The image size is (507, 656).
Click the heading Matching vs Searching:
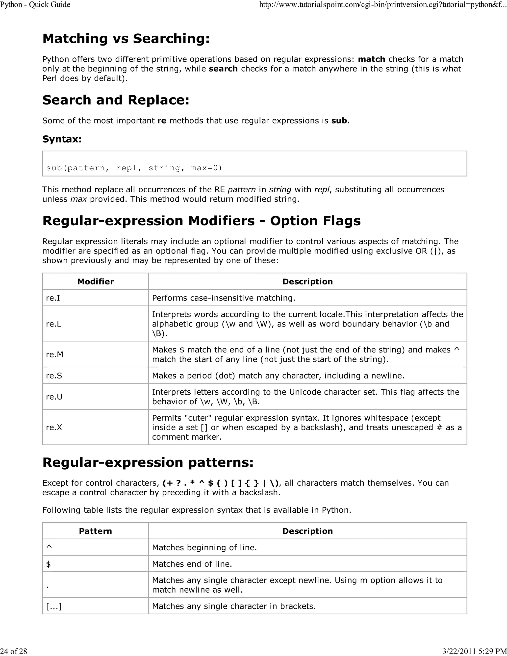126,39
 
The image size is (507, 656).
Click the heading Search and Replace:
116,100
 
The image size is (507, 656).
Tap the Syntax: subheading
62,139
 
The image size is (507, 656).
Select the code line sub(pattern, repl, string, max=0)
134,168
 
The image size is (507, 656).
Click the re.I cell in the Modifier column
53,298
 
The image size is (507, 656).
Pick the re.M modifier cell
54,354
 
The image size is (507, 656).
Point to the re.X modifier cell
54,428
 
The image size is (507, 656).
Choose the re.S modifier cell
54,376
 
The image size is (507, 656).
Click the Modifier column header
96,281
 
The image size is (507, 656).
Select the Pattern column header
96,531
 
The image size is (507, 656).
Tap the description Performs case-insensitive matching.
224,298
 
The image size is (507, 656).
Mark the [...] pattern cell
54,606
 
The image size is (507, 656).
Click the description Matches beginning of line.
204,548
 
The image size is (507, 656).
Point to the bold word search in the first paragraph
223,69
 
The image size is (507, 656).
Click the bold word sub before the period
339,121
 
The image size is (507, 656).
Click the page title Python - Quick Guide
35,4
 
